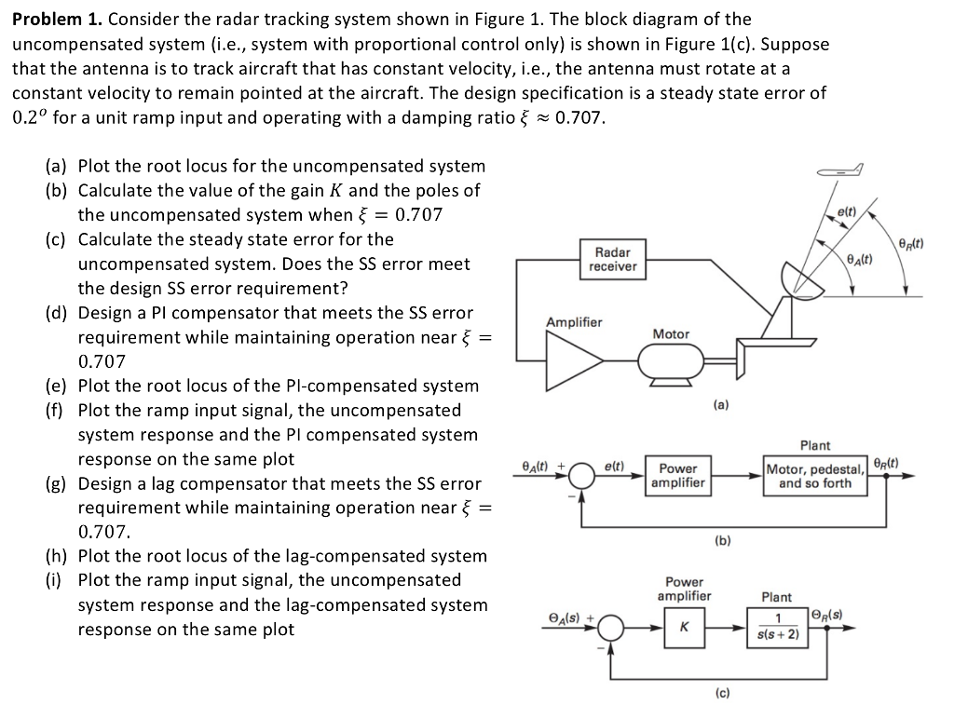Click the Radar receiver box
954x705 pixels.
click(x=613, y=260)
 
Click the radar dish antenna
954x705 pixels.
click(x=800, y=278)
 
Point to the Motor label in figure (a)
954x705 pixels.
click(x=671, y=333)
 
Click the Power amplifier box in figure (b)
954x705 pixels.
click(x=678, y=475)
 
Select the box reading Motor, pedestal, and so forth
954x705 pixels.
click(x=815, y=476)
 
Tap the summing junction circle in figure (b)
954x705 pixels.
click(x=583, y=476)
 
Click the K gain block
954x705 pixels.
click(x=684, y=627)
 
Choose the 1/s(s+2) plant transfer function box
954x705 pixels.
click(x=778, y=627)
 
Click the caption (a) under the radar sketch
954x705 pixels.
click(x=720, y=405)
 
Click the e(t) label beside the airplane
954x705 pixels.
click(x=847, y=213)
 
